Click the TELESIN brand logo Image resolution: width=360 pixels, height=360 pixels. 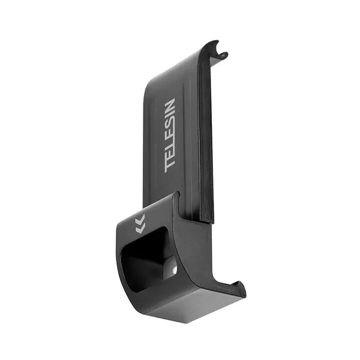tap(170, 136)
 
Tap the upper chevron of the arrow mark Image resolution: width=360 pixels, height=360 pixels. tap(140, 219)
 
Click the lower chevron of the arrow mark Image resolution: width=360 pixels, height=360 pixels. tap(140, 229)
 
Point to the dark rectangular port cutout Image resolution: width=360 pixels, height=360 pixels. tap(147, 259)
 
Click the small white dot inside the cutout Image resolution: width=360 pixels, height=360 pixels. tap(175, 270)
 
